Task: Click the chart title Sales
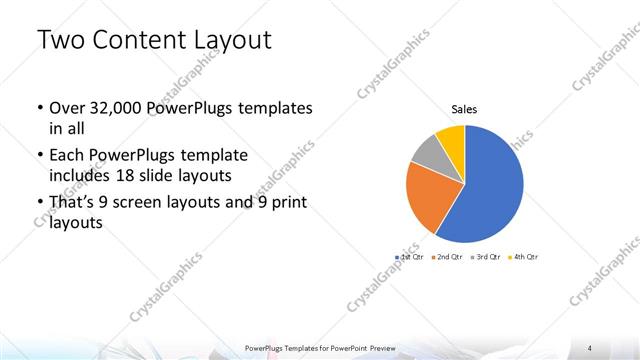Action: [x=464, y=108]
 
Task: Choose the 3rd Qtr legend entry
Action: [x=484, y=257]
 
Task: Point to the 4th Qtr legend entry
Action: [x=523, y=257]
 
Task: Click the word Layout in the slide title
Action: [x=228, y=40]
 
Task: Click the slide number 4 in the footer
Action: [x=591, y=347]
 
